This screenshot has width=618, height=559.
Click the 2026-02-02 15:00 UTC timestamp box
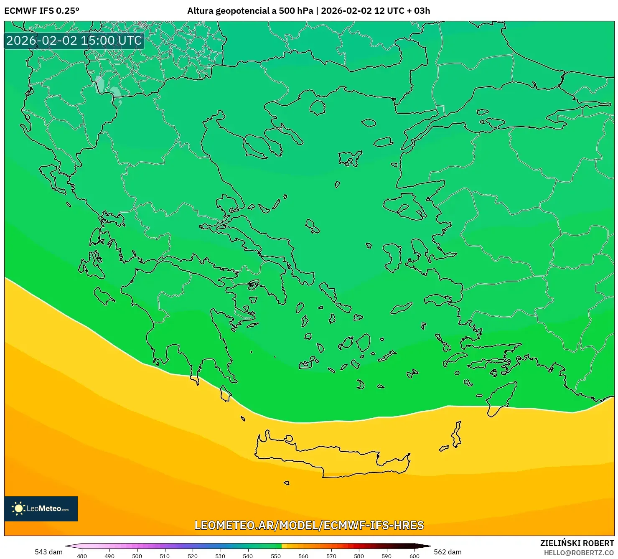pos(74,41)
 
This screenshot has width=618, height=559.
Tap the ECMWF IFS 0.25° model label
pos(42,11)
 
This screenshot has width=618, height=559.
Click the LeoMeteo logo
pos(41,508)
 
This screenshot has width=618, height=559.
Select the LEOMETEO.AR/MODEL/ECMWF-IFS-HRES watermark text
pos(309,525)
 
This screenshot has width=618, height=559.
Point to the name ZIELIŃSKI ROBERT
pos(577,543)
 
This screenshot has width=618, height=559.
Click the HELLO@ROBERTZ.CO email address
pos(579,552)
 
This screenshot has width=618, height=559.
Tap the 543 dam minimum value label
pos(48,552)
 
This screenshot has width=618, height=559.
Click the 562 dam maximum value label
pos(448,552)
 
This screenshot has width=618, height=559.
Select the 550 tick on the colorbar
pos(276,556)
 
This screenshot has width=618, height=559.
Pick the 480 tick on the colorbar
pos(82,556)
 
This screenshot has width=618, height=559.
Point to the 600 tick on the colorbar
pos(414,556)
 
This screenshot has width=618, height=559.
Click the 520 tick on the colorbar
pos(193,556)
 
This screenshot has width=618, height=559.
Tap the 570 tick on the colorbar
pos(331,556)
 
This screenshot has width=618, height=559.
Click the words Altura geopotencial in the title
pos(228,11)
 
